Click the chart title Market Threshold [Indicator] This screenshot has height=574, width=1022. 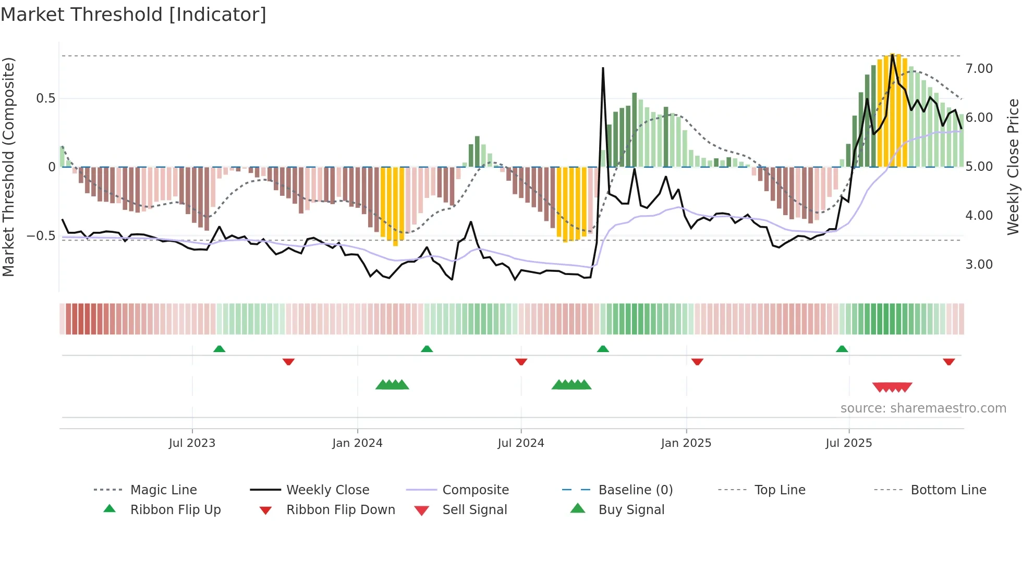click(x=133, y=15)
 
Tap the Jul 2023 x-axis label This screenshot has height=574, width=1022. click(x=192, y=443)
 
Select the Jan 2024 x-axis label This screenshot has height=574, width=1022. click(x=357, y=443)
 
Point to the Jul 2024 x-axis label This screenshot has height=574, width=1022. click(x=520, y=443)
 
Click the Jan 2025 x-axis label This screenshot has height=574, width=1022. click(x=686, y=443)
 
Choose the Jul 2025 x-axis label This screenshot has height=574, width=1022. click(x=848, y=443)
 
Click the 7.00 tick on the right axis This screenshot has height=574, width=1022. click(x=979, y=69)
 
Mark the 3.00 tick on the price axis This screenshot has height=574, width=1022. click(x=979, y=265)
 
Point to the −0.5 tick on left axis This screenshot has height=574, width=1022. click(x=41, y=236)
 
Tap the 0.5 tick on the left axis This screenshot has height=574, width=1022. click(x=45, y=98)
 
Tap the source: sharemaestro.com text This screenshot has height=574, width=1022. click(x=923, y=408)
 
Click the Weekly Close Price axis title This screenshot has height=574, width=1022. click(x=1013, y=167)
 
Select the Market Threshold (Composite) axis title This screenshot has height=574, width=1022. click(x=8, y=167)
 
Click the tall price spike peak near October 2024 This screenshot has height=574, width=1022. click(x=603, y=68)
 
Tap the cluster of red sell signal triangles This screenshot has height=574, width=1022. click(x=892, y=387)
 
